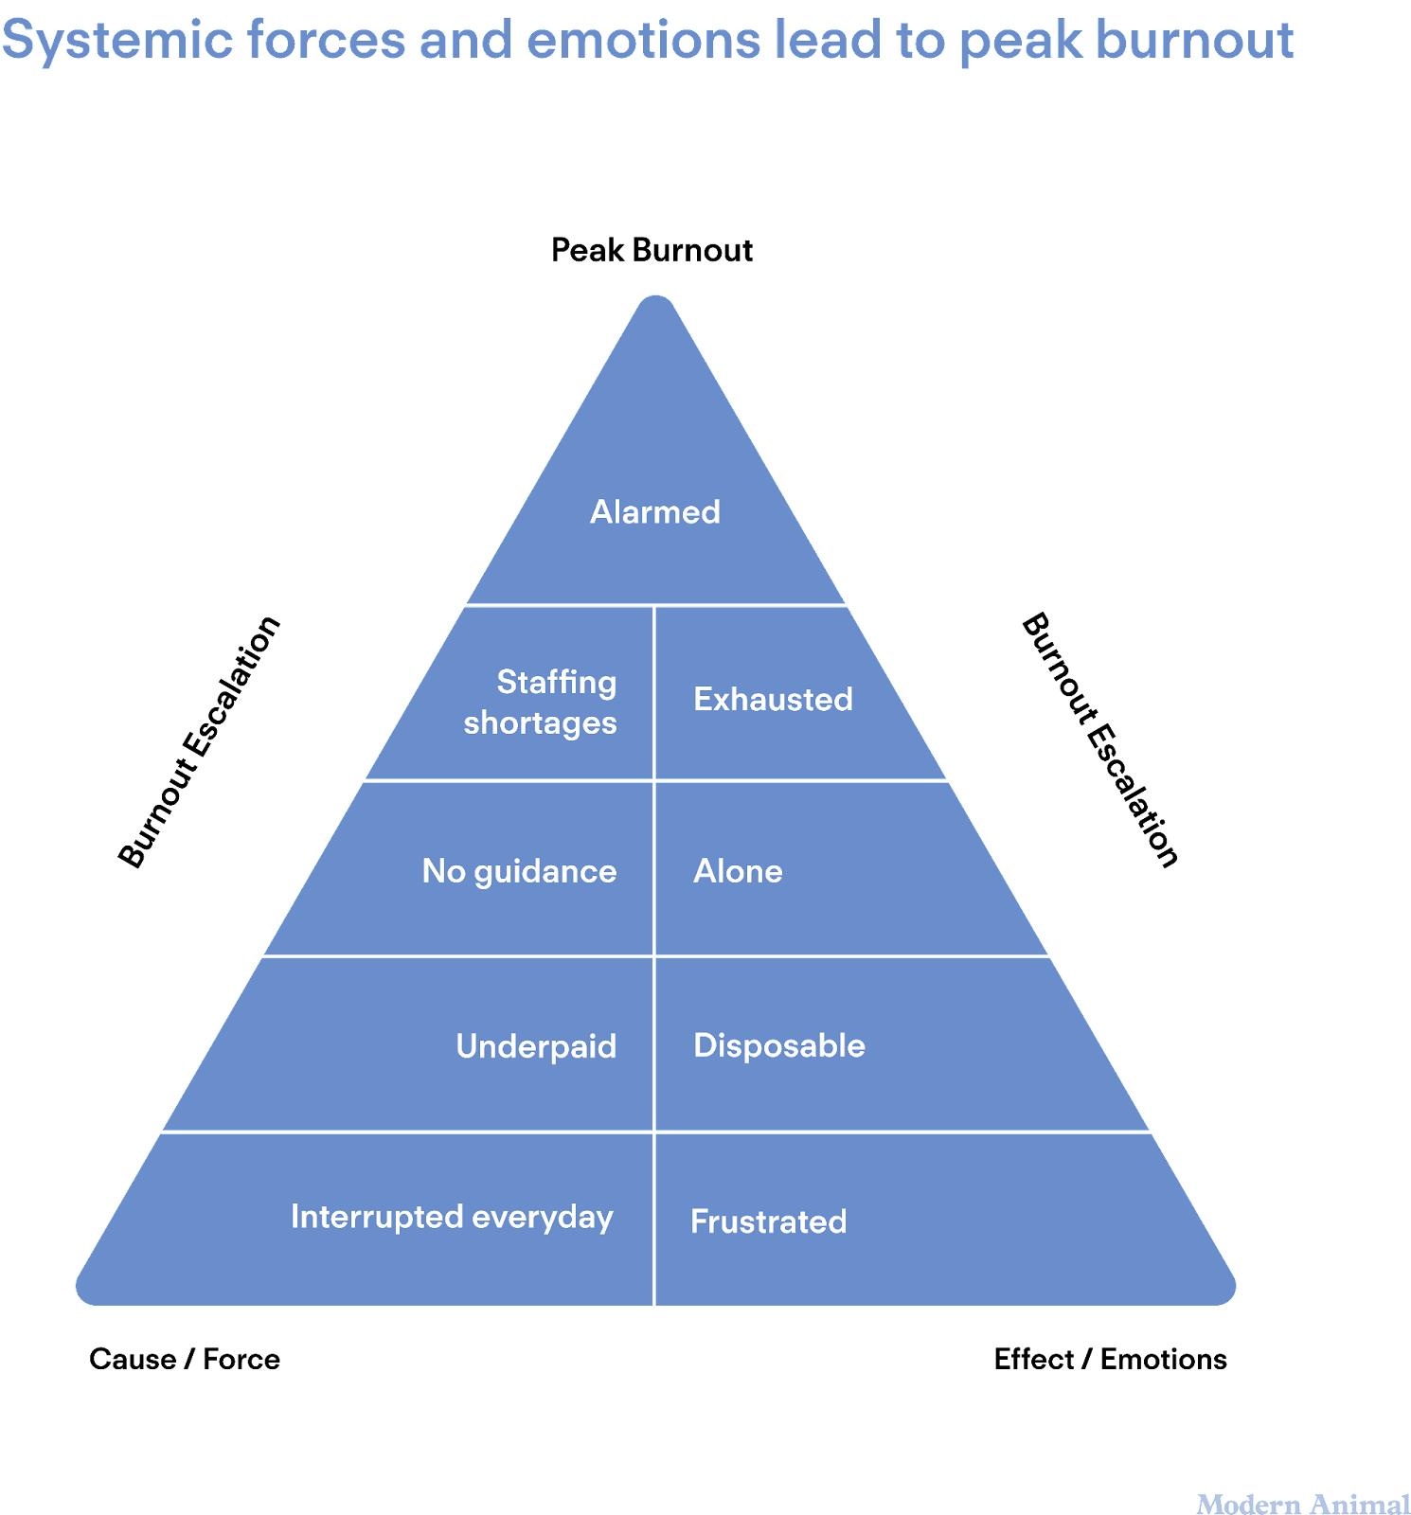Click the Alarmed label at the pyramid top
pyautogui.click(x=654, y=512)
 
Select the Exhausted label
pyautogui.click(x=773, y=700)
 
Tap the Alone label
pyautogui.click(x=738, y=871)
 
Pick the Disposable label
pyautogui.click(x=778, y=1045)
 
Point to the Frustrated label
pyautogui.click(x=768, y=1221)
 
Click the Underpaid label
pyautogui.click(x=536, y=1046)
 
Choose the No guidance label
pyautogui.click(x=519, y=871)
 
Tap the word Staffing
pyautogui.click(x=557, y=682)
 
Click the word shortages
pyautogui.click(x=540, y=723)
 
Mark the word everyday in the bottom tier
pyautogui.click(x=543, y=1218)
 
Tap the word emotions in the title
pyautogui.click(x=643, y=42)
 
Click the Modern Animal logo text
pyautogui.click(x=1303, y=1504)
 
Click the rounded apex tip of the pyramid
pyautogui.click(x=655, y=301)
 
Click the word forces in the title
pyautogui.click(x=326, y=42)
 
